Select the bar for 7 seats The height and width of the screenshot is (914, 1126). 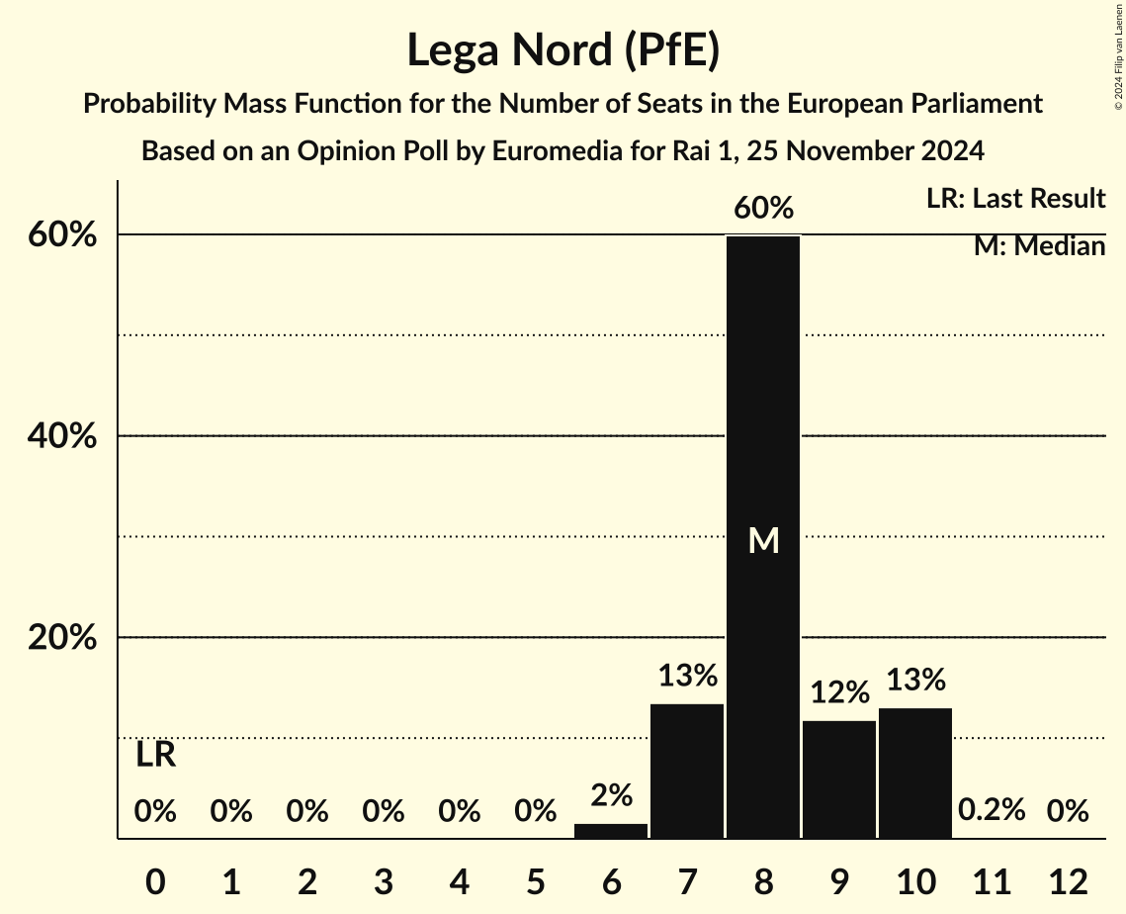point(687,771)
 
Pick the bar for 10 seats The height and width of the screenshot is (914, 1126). point(915,773)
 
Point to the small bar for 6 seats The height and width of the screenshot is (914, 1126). point(611,831)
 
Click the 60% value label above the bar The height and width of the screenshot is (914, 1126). point(763,209)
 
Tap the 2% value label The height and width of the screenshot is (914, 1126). point(611,795)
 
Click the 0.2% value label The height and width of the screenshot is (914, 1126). point(992,811)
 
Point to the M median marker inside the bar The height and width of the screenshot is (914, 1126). point(763,540)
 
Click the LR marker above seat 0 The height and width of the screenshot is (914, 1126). point(155,756)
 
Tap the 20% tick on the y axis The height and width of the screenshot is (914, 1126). point(61,638)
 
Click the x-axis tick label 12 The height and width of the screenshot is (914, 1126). point(1068,881)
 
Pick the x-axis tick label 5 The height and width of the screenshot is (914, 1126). point(535,881)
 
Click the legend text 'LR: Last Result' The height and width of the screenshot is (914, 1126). point(1015,199)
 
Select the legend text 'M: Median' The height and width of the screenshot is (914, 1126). point(1039,246)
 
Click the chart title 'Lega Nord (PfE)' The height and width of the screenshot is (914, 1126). point(563,50)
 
